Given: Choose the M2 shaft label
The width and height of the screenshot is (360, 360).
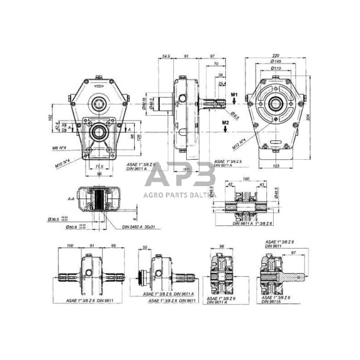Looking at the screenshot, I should click(x=226, y=123).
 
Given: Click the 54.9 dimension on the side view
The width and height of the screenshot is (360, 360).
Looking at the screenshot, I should click(x=165, y=57).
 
